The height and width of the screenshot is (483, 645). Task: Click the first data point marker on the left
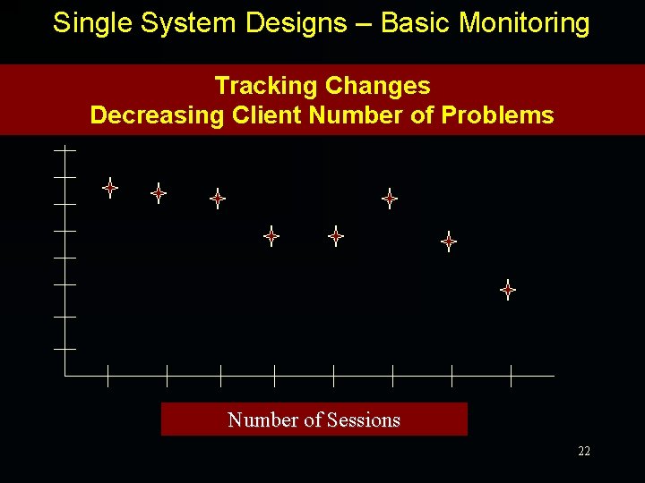110,188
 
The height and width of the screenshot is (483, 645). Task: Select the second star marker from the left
159,192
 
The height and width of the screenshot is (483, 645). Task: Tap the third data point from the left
218,199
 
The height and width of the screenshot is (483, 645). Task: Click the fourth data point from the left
271,237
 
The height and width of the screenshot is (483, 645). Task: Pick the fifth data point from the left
336,237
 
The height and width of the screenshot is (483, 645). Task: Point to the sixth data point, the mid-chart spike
390,199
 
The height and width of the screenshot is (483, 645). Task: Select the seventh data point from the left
449,241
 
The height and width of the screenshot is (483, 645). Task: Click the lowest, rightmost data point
508,289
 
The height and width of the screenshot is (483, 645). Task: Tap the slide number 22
584,452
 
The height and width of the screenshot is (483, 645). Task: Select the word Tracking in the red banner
267,86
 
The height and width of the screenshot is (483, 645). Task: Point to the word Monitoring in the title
524,23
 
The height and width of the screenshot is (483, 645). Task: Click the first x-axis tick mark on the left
107,376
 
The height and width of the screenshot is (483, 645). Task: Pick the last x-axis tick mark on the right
511,376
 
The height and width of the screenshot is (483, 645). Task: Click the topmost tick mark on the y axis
64,150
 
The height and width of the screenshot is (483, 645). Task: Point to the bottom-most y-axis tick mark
64,348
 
